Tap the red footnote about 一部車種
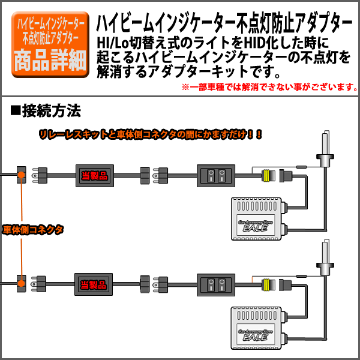(269, 88)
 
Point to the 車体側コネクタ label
(33, 230)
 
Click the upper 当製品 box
(94, 176)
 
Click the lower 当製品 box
(94, 284)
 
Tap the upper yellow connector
(266, 176)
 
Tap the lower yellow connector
(266, 284)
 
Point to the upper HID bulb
(326, 150)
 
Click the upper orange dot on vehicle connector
(21, 175)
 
